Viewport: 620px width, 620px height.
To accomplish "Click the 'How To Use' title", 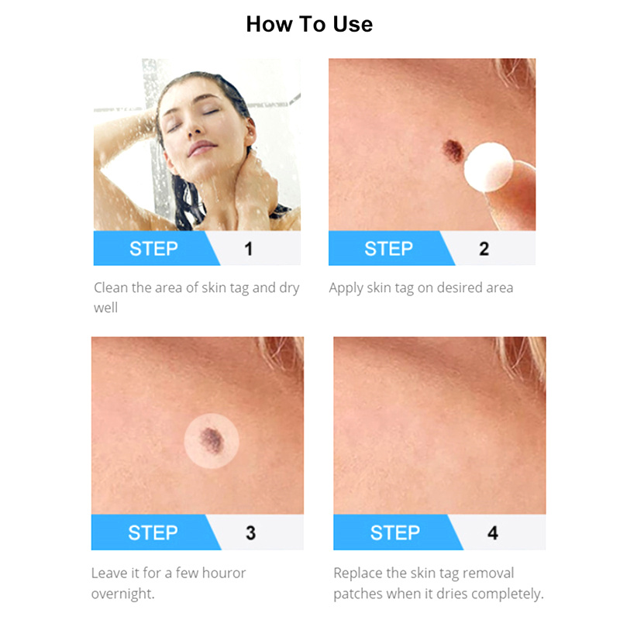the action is click(x=309, y=24).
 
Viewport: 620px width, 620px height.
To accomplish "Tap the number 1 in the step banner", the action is click(x=248, y=249).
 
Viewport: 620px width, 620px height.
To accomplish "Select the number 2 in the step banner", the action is click(x=484, y=249).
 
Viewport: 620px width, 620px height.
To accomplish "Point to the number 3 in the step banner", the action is click(x=250, y=532).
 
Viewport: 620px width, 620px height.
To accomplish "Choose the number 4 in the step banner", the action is click(x=493, y=532).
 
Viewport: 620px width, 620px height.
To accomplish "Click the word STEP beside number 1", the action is click(x=153, y=249).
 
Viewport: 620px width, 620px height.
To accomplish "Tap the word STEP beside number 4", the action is click(x=395, y=532).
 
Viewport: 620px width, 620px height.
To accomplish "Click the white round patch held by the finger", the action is click(x=488, y=167).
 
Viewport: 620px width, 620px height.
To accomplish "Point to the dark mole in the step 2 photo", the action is click(x=453, y=150).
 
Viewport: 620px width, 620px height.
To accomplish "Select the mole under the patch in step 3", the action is click(x=212, y=440).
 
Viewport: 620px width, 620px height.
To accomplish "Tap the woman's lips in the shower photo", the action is click(x=201, y=149).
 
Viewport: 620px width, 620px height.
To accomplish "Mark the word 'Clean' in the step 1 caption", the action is click(x=111, y=288).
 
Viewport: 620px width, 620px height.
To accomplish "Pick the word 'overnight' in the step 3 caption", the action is click(x=122, y=594).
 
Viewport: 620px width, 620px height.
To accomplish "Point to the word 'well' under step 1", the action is click(x=105, y=308).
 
